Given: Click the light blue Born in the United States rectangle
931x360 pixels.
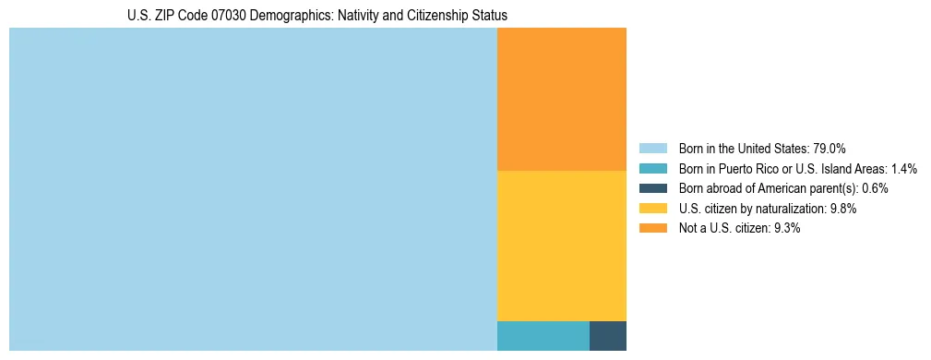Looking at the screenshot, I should point(253,189).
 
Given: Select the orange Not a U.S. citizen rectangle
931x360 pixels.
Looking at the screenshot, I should point(561,99).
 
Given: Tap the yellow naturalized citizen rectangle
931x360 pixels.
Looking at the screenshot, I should point(561,246).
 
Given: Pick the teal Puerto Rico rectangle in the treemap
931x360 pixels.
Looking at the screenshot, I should point(543,336).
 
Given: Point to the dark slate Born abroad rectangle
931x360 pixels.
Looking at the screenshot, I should point(607,336).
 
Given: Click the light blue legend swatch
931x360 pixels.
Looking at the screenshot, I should point(653,149).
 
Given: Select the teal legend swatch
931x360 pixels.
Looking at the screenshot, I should point(653,169).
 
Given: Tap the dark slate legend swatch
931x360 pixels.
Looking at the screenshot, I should point(653,188).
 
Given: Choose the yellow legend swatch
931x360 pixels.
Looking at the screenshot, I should point(653,209).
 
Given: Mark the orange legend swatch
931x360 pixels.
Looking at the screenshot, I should point(653,228).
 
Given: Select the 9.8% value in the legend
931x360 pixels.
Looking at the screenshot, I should point(843,209).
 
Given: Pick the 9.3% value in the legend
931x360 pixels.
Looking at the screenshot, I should point(787,228).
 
